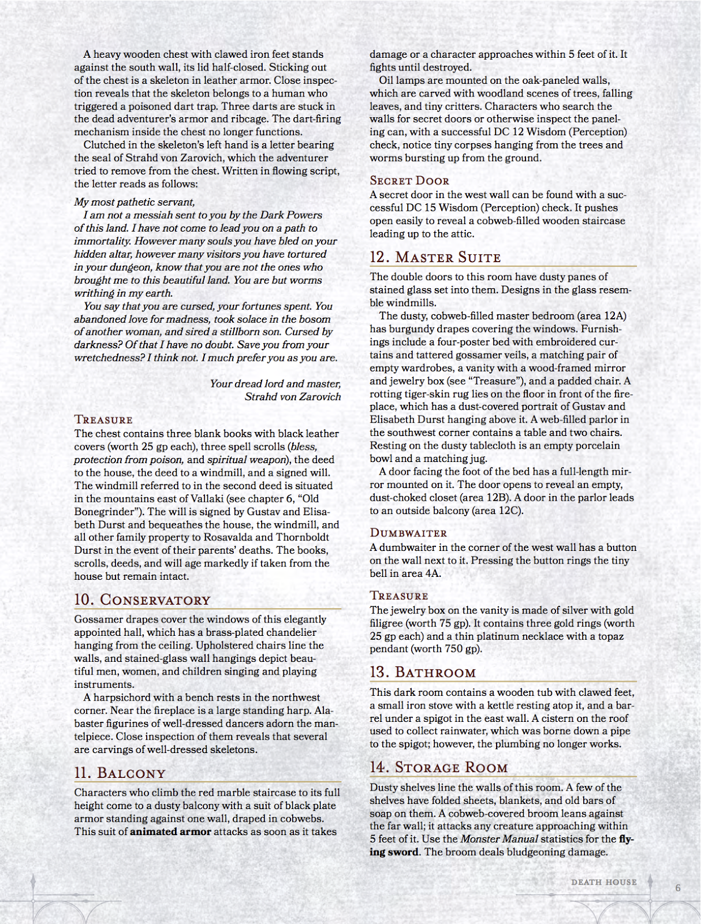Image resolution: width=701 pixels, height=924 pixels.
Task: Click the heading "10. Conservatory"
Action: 142,600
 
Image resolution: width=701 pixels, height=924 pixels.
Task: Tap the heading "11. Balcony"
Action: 120,773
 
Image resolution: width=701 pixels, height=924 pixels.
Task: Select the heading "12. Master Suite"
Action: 435,257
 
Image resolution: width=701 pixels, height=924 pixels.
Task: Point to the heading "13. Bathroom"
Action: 423,672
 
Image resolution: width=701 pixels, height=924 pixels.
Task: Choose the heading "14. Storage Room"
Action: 439,767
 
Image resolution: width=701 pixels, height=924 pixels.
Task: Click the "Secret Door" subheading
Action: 409,181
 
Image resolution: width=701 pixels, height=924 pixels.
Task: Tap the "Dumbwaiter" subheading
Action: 408,533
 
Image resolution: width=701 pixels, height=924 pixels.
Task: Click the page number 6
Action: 678,888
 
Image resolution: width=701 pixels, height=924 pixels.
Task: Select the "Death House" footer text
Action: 603,882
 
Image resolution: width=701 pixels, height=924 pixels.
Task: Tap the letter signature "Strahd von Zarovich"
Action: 293,397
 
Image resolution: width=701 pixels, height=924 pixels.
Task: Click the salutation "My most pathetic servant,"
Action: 135,202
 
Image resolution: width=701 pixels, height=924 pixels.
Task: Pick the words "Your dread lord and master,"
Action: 275,384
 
